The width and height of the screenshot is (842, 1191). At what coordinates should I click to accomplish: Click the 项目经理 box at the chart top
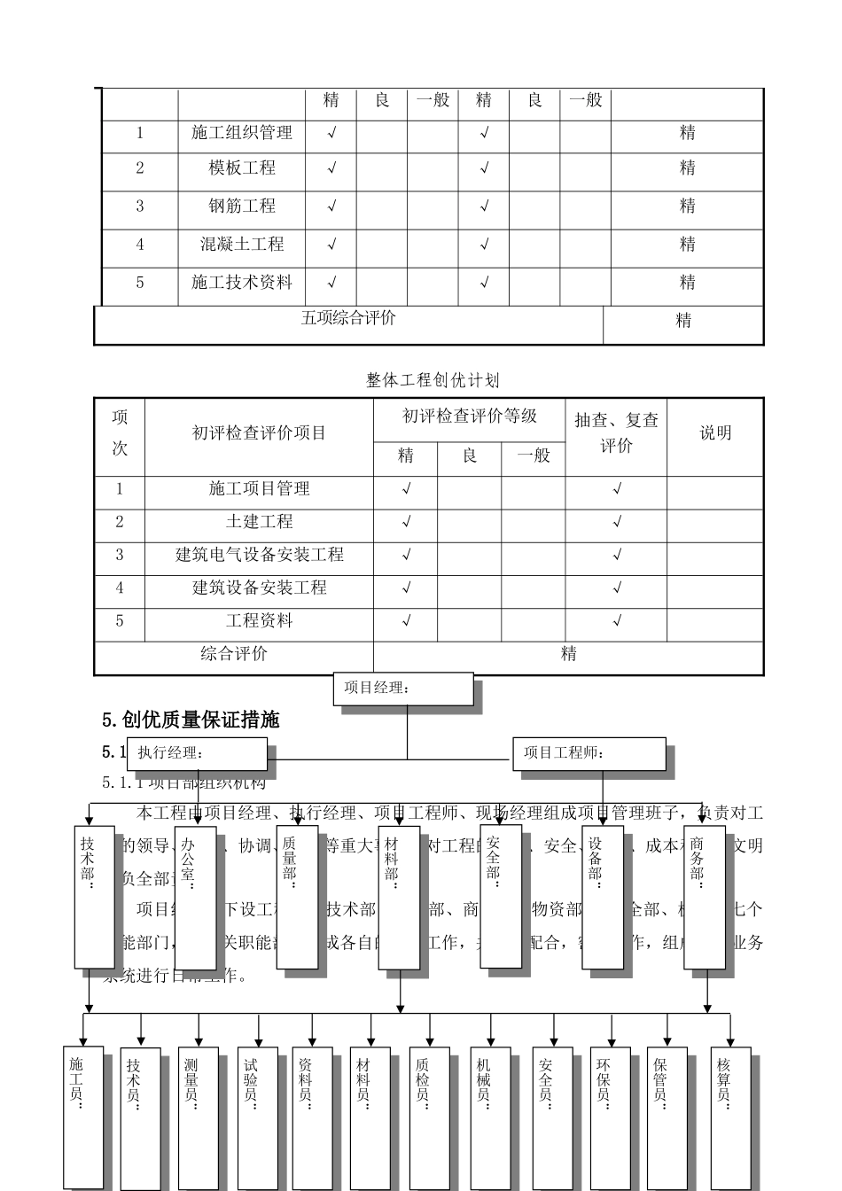point(402,689)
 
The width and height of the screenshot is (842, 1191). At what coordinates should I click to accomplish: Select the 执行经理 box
point(196,754)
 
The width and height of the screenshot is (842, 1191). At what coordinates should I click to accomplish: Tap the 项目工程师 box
point(589,754)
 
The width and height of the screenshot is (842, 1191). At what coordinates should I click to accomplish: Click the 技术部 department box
point(94,897)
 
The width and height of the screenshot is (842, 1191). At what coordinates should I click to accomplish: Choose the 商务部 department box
point(704,897)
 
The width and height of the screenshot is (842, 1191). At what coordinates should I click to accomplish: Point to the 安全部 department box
point(500,897)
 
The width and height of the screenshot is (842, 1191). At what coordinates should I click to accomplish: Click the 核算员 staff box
point(729,1118)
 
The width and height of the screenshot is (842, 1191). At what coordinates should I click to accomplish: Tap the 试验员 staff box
point(257,1118)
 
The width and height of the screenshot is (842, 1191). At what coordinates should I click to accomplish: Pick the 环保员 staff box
point(610,1118)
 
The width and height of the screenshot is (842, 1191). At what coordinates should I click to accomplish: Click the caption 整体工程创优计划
point(433,380)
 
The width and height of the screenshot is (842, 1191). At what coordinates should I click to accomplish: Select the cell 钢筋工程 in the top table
point(242,206)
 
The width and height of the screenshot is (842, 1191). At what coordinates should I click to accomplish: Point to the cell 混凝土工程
point(242,245)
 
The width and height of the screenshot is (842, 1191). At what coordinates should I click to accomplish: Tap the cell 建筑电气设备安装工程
point(259,556)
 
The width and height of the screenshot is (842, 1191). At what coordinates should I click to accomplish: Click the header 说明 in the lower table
point(715,433)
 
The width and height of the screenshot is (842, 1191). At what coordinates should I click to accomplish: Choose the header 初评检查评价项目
point(259,433)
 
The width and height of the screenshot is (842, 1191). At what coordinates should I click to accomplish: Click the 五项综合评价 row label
point(348,319)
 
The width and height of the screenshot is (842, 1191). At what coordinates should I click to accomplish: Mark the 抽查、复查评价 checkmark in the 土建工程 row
point(617,523)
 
